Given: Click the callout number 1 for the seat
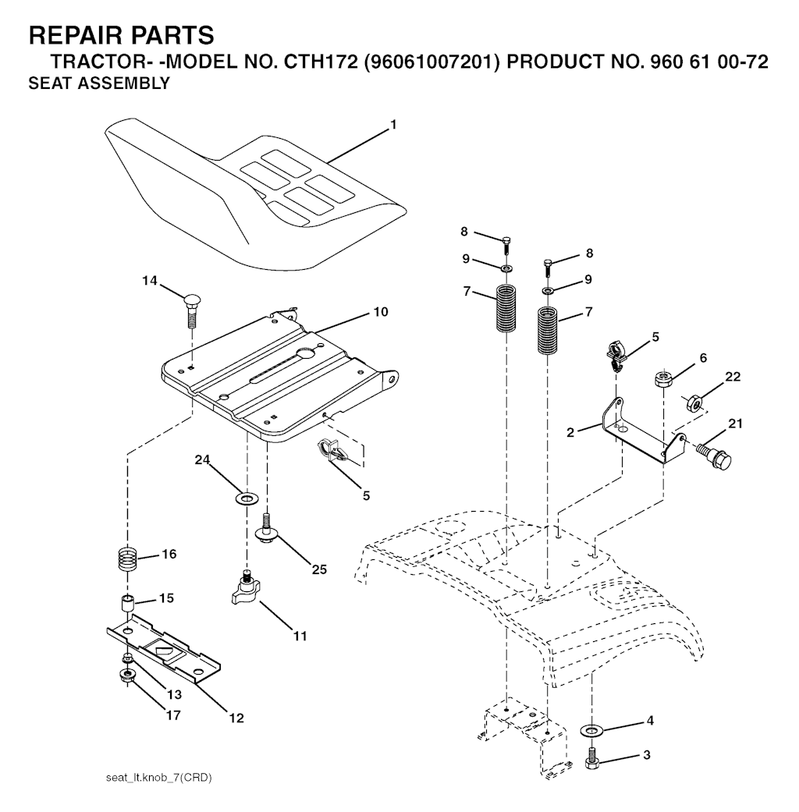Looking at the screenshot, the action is click(x=393, y=125).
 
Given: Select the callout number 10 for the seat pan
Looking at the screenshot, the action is click(x=381, y=312).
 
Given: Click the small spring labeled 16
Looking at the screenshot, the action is click(x=127, y=558).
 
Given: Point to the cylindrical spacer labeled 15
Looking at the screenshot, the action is click(x=128, y=605).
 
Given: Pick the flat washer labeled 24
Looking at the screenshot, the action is click(x=247, y=499).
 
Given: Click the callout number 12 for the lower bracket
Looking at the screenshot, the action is click(x=236, y=718).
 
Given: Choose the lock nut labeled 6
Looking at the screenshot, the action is click(x=662, y=379).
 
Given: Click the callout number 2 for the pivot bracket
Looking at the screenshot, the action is click(x=570, y=432).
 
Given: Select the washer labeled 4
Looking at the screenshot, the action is click(x=589, y=730).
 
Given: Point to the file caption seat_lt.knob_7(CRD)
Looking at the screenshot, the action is click(x=158, y=778).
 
